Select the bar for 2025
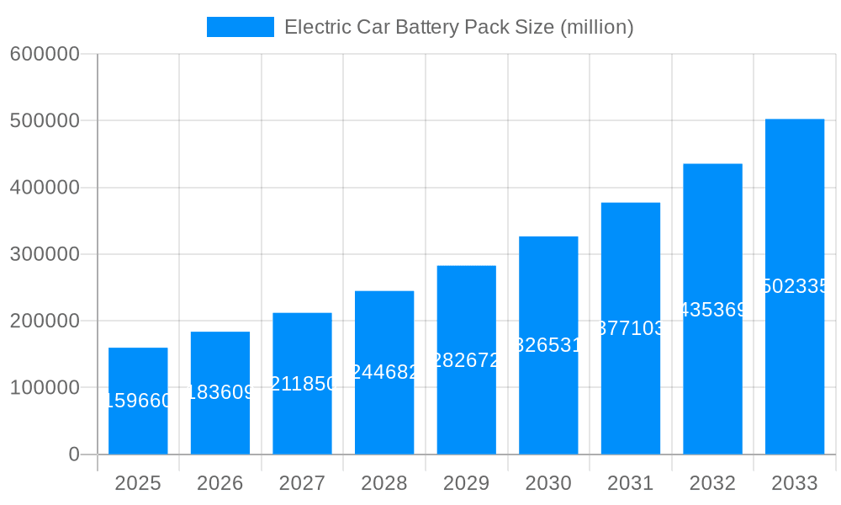pos(138,401)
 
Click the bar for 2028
pos(384,372)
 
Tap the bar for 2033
pos(795,286)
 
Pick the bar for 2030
pos(548,345)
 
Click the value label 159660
pos(138,401)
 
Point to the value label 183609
pos(220,392)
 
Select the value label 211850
pos(302,384)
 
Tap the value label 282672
pos(466,360)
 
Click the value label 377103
pos(630,328)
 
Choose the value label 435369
pos(712,310)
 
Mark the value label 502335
pos(795,286)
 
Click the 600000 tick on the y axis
pos(45,54)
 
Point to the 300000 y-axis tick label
pos(45,254)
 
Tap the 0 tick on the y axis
pos(73,454)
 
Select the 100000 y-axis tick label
pos(45,388)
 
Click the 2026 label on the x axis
pos(220,483)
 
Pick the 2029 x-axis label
pos(466,483)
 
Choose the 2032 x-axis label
pos(712,483)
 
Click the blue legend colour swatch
pos(241,27)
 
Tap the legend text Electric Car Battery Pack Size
pos(458,27)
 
